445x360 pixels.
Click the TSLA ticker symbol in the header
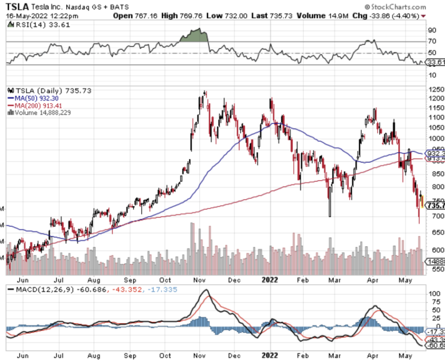pos(17,7)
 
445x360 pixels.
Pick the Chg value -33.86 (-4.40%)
pos(392,16)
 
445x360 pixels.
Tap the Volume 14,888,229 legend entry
pos(39,112)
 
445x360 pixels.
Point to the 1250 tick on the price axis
pos(434,90)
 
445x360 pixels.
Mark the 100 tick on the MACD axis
pos(433,293)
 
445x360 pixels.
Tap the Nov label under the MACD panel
pos(201,355)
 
